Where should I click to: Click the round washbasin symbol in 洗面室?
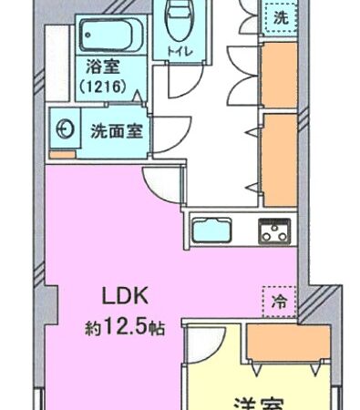tap(66, 129)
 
